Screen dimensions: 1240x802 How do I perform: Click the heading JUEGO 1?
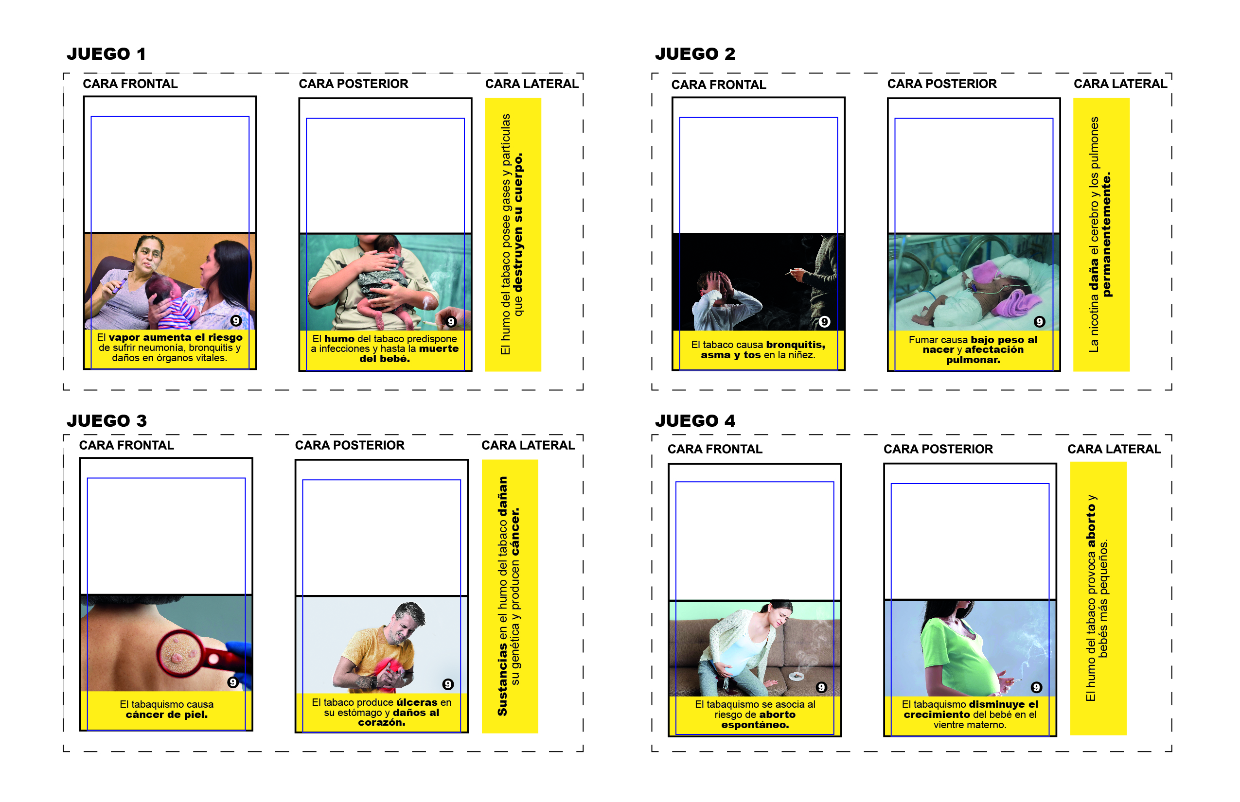106,53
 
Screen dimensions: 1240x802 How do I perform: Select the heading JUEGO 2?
695,53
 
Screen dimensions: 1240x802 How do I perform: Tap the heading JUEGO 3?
107,420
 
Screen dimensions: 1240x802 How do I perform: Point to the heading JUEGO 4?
695,420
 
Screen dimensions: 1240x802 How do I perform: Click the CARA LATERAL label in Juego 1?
532,84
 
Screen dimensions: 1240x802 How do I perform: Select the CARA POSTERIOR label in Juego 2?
942,84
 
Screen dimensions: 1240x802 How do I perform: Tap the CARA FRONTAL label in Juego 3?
126,445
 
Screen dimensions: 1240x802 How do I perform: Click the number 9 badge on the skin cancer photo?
233,682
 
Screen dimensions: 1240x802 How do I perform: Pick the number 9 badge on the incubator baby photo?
1040,321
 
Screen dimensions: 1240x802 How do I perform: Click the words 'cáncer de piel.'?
167,715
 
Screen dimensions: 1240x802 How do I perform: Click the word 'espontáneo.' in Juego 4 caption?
755,724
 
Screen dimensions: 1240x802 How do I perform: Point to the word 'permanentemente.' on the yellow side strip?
1107,234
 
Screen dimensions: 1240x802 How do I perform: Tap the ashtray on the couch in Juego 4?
797,676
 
